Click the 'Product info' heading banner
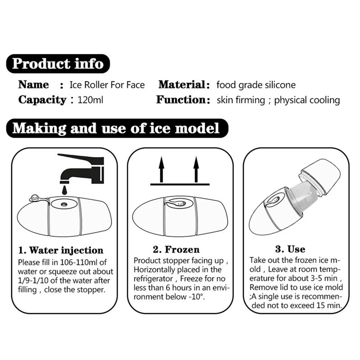(x=58, y=63)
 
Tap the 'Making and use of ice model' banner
(x=117, y=128)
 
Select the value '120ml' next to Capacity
(x=90, y=100)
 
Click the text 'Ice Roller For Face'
(x=107, y=85)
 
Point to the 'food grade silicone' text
(x=256, y=85)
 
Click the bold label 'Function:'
(x=183, y=100)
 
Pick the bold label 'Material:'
(x=184, y=85)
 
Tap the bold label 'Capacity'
(x=42, y=100)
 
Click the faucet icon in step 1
(x=81, y=169)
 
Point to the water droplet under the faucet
(x=65, y=189)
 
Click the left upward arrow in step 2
(x=162, y=170)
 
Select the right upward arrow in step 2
(x=196, y=170)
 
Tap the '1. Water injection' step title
(x=61, y=250)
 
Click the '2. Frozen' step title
(x=176, y=249)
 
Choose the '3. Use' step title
(x=290, y=249)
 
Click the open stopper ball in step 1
(x=35, y=198)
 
